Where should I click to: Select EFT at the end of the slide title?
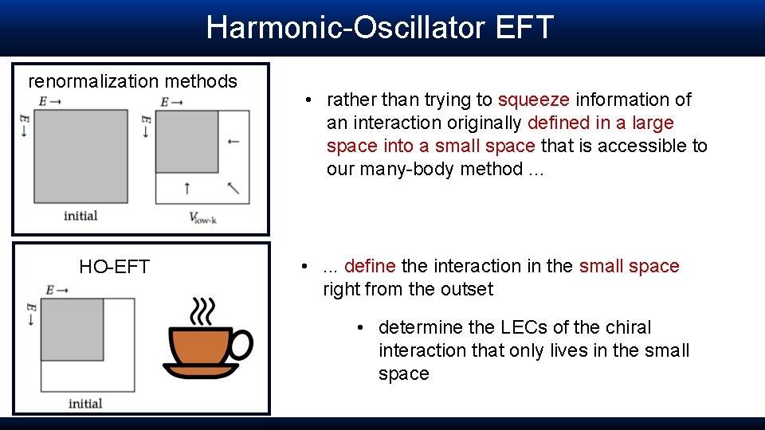(x=524, y=27)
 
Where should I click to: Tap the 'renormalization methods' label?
(x=132, y=81)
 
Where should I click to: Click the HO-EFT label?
(x=114, y=267)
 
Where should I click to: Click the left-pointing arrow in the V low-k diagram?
(x=233, y=142)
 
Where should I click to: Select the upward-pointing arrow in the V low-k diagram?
(x=186, y=188)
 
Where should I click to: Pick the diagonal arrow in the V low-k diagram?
(x=233, y=188)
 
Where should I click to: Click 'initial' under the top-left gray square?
(x=80, y=215)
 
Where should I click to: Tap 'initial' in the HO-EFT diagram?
(x=85, y=403)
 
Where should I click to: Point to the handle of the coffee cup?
(x=240, y=344)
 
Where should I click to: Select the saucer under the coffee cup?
(x=201, y=370)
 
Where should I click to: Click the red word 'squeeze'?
(x=533, y=100)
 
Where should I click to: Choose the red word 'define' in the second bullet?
(x=370, y=266)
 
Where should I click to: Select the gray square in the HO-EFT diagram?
(x=72, y=329)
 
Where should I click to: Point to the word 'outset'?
(x=467, y=289)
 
